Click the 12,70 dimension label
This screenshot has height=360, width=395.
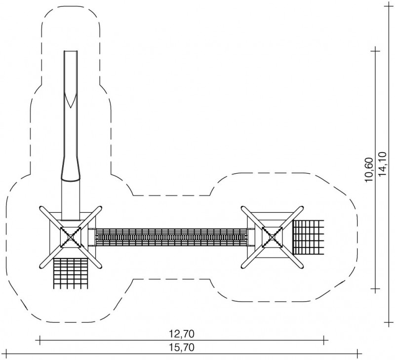click(x=181, y=334)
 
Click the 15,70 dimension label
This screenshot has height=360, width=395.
click(x=181, y=348)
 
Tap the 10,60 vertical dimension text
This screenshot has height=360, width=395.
click(x=368, y=170)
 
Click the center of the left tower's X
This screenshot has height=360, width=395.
click(x=71, y=237)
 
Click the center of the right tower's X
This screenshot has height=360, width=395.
click(x=273, y=237)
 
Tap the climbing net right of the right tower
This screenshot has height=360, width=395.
click(x=308, y=237)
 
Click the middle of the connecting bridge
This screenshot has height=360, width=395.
click(x=171, y=237)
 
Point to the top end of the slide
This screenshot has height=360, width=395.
click(x=71, y=51)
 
